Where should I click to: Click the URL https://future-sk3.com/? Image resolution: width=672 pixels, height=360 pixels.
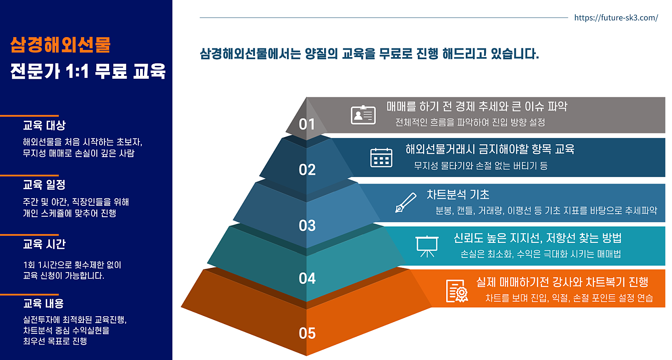point(616,18)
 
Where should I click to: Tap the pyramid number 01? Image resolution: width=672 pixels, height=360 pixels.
point(307,124)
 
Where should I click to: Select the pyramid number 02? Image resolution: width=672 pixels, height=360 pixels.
point(307,170)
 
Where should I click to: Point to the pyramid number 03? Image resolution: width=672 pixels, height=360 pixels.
point(307,225)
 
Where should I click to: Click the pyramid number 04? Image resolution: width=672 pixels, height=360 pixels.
point(307,278)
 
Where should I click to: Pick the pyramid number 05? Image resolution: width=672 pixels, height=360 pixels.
point(307,333)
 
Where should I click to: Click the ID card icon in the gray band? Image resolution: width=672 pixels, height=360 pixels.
point(363,115)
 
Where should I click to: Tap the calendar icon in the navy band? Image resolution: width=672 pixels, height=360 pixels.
point(381,157)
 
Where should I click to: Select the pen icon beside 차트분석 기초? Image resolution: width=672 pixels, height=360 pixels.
point(405,202)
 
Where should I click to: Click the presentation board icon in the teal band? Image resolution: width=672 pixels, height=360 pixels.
point(427,246)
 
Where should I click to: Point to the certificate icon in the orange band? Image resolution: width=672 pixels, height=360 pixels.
point(457,290)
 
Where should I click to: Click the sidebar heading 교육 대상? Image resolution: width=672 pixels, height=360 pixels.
point(44,125)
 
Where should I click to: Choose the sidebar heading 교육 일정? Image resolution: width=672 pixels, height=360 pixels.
point(44,185)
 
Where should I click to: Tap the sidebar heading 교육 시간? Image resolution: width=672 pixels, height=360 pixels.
point(44,244)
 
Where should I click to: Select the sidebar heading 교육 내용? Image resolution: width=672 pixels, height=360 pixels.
point(43,303)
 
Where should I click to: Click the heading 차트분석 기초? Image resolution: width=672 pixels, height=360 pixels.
point(458,195)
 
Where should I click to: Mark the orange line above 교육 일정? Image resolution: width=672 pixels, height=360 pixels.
point(29,175)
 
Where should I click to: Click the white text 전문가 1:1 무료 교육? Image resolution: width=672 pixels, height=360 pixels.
point(88,71)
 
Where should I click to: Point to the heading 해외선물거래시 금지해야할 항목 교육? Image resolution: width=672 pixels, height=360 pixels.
point(490,149)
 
